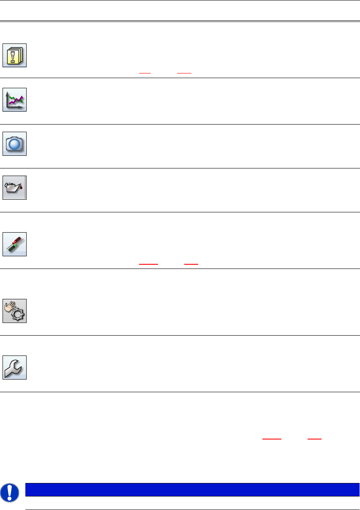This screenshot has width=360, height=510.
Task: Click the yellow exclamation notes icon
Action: tap(15, 55)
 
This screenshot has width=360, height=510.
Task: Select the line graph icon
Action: tap(15, 100)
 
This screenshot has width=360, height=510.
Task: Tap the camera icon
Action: tap(15, 144)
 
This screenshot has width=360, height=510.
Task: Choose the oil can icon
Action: tap(15, 187)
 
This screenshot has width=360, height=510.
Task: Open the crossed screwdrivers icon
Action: tap(15, 244)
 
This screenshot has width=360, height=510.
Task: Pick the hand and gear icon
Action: tap(15, 311)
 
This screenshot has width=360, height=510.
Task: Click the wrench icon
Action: tap(15, 368)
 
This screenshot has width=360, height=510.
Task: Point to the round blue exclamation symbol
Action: tap(8, 492)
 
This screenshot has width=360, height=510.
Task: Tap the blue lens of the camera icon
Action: tap(15, 144)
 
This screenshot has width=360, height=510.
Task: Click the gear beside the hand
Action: tap(18, 315)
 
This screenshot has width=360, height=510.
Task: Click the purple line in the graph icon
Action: tap(17, 101)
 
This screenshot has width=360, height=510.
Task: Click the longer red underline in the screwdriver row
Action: tap(148, 264)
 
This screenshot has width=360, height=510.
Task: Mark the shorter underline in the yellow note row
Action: tap(145, 73)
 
